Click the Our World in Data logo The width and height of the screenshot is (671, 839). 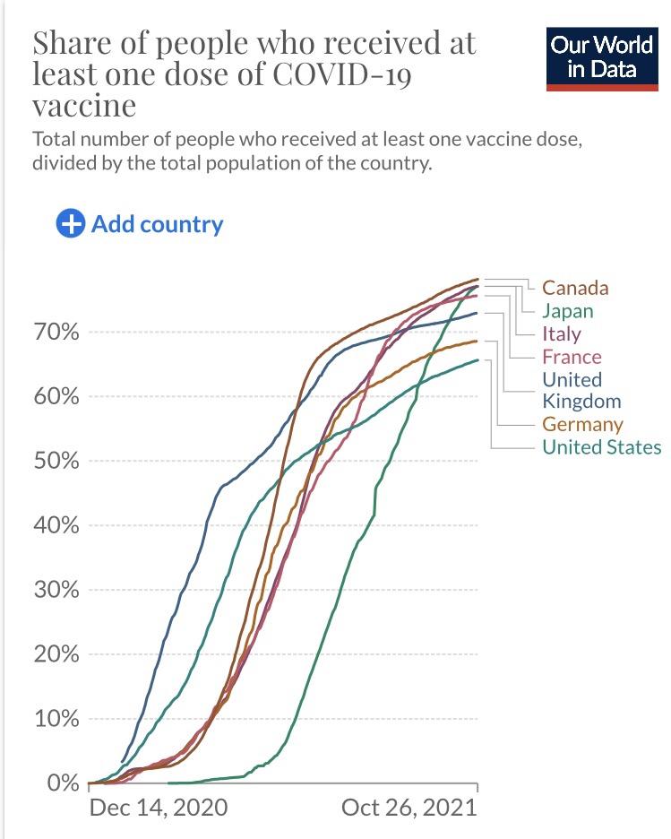pyautogui.click(x=602, y=58)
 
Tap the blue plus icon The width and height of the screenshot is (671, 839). pyautogui.click(x=70, y=224)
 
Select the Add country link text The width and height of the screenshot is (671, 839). pyautogui.click(x=157, y=224)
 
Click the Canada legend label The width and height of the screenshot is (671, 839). pyautogui.click(x=575, y=288)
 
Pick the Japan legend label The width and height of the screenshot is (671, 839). pyautogui.click(x=567, y=311)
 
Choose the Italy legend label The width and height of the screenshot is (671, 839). pyautogui.click(x=562, y=333)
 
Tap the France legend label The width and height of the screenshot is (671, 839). pyautogui.click(x=572, y=357)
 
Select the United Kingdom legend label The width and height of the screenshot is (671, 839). pyautogui.click(x=581, y=390)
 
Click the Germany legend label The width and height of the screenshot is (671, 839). pyautogui.click(x=583, y=424)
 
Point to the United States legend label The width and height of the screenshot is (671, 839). pyautogui.click(x=601, y=447)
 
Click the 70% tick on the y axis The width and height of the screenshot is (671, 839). pyautogui.click(x=56, y=333)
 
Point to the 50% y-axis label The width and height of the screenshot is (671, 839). pyautogui.click(x=56, y=462)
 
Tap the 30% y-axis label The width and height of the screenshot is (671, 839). pyautogui.click(x=56, y=591)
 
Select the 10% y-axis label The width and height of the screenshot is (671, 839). pyautogui.click(x=56, y=719)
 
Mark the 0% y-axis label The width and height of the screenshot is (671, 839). pyautogui.click(x=63, y=783)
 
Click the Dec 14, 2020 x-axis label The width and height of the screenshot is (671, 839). pyautogui.click(x=159, y=808)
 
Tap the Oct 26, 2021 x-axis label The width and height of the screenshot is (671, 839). pyautogui.click(x=409, y=808)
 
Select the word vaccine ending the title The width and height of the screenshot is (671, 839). pyautogui.click(x=84, y=105)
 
